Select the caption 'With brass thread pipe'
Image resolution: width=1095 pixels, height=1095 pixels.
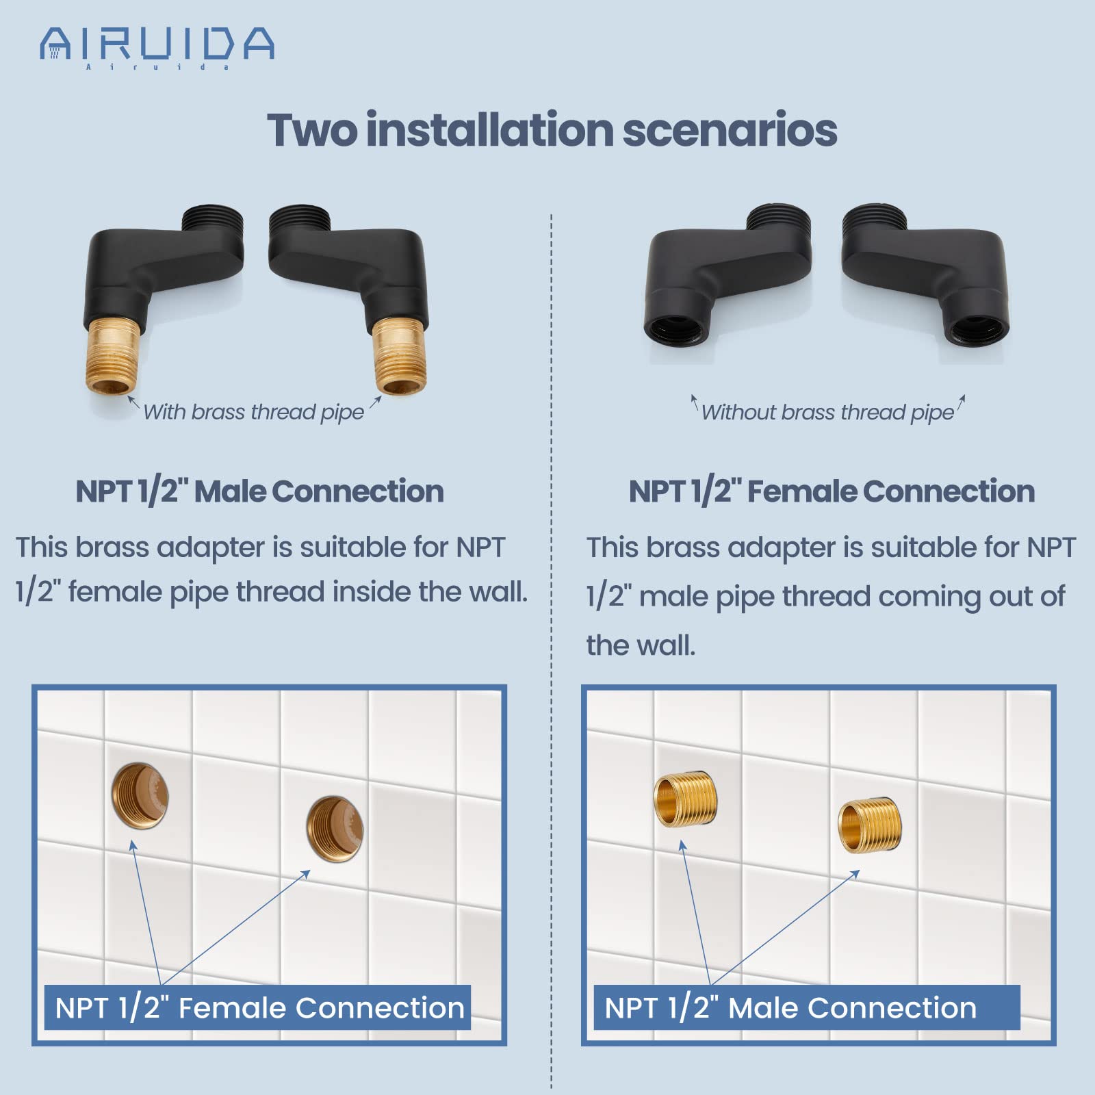[x=253, y=412]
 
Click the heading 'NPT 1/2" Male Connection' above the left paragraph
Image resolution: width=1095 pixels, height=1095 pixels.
[x=259, y=491]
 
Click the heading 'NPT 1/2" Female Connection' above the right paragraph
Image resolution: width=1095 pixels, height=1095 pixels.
[x=832, y=491]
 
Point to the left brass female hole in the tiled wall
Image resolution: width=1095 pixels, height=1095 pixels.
[x=140, y=796]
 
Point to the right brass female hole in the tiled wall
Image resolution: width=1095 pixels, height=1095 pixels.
[x=335, y=829]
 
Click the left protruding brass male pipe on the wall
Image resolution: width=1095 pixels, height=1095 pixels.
[x=685, y=800]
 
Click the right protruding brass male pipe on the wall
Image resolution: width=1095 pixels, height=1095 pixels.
[x=869, y=825]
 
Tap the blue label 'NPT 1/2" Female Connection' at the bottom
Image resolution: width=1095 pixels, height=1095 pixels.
[x=259, y=1008]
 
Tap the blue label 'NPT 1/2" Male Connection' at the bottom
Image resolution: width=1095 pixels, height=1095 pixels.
[x=791, y=1008]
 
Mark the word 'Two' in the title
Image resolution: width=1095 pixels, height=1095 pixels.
[x=311, y=130]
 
